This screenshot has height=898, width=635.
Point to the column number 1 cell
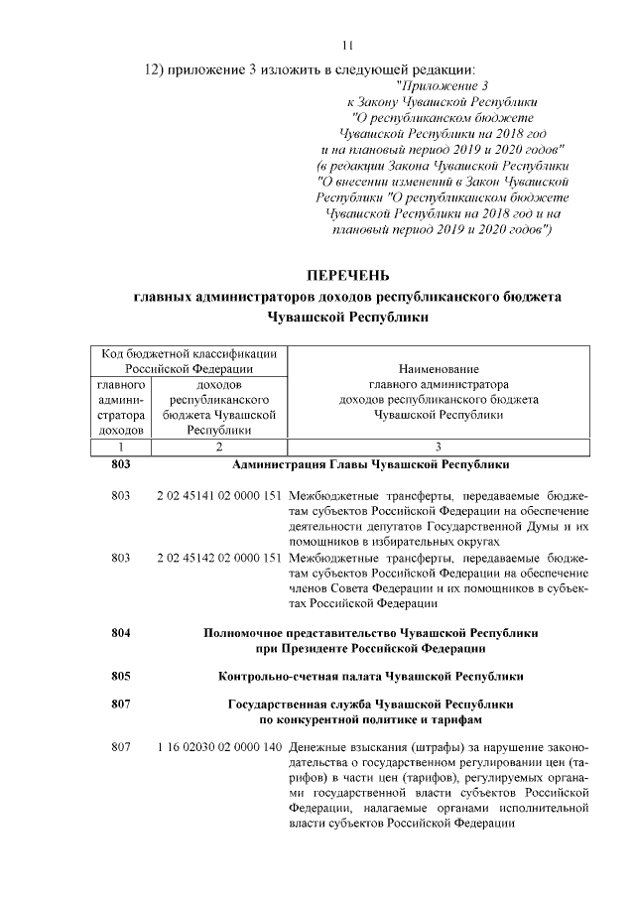tap(121, 447)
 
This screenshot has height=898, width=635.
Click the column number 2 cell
tap(218, 447)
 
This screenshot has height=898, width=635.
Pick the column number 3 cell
tap(438, 447)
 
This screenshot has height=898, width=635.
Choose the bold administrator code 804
tap(121, 631)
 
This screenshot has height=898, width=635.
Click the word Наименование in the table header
tap(439, 369)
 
